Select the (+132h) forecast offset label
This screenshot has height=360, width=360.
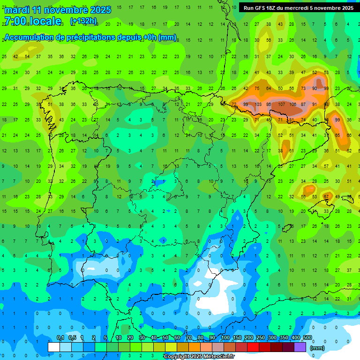click(83, 21)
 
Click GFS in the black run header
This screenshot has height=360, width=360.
click(263, 8)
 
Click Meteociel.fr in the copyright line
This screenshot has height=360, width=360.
click(217, 357)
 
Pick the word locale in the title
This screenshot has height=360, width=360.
click(45, 21)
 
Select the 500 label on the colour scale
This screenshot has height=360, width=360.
click(307, 337)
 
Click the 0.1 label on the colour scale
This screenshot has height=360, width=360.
click(60, 337)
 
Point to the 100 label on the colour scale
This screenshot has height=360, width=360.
click(225, 337)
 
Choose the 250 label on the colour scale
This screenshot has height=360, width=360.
click(261, 337)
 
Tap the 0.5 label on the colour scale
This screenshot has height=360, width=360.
click(72, 337)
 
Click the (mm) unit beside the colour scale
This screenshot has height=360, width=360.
click(317, 348)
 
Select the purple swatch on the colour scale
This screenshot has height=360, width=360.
click(300, 347)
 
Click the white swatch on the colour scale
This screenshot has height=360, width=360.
click(54, 347)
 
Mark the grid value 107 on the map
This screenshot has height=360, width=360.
click(282, 104)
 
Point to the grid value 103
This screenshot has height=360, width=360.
click(257, 104)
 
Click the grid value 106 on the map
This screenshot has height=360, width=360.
click(293, 104)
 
